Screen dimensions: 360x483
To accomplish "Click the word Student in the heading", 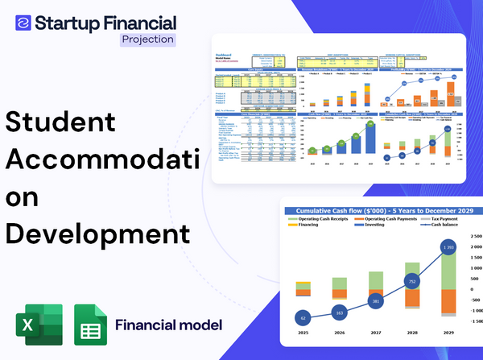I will (x=60, y=122).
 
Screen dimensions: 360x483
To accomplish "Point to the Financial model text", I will (x=168, y=326).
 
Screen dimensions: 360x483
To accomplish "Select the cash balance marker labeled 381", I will (x=375, y=301).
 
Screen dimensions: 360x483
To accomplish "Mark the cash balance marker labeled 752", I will (x=412, y=282).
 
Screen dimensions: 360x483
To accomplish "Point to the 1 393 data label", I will (x=449, y=246).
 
